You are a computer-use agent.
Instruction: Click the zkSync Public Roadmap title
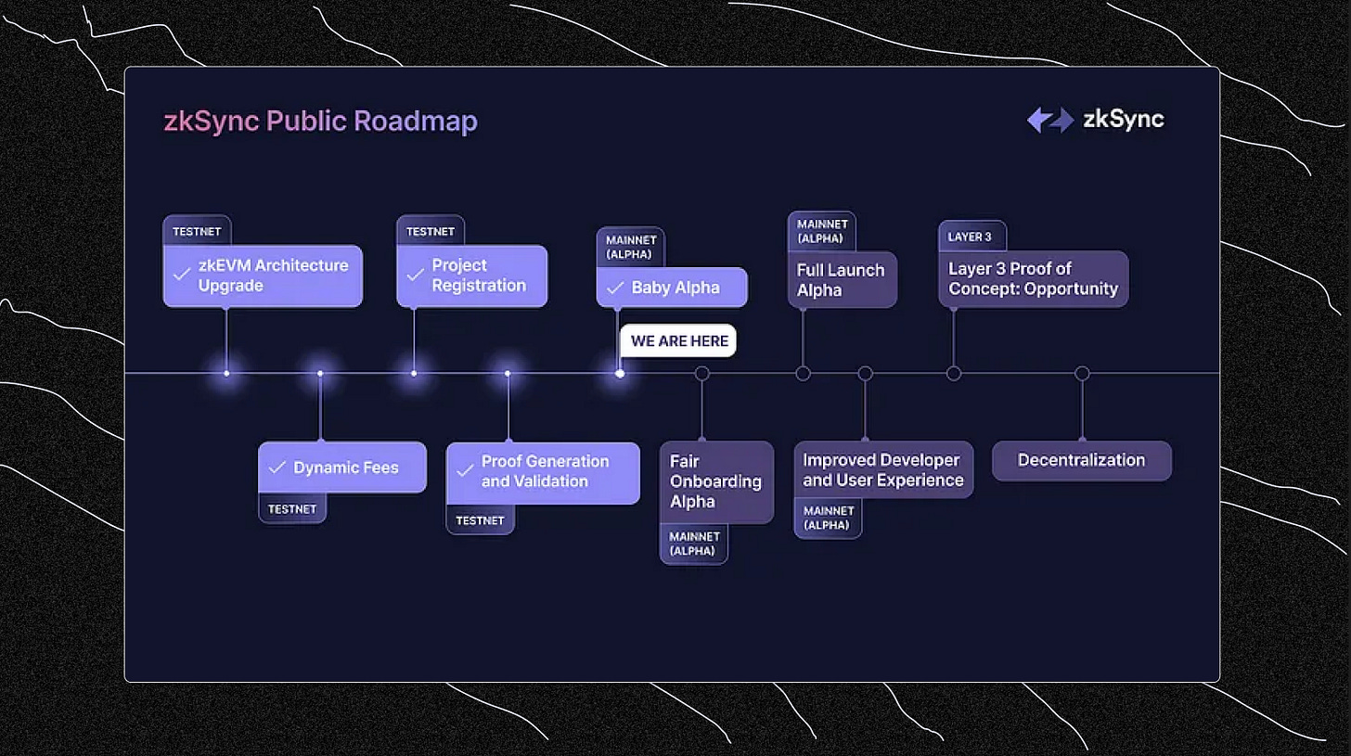click(x=320, y=122)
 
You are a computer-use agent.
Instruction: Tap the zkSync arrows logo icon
click(x=1049, y=120)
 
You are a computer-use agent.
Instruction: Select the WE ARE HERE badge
click(x=678, y=340)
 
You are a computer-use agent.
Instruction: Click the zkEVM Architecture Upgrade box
click(x=263, y=275)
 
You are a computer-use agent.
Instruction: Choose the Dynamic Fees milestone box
click(x=342, y=468)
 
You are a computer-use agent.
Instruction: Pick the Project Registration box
click(x=471, y=275)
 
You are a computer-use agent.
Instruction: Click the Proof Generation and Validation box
click(x=543, y=472)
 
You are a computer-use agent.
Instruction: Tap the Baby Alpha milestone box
click(x=671, y=288)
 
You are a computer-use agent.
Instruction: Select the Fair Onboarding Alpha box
click(x=716, y=481)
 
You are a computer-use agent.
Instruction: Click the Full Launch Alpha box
click(x=843, y=279)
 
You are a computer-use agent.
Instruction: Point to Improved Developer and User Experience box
click(x=883, y=469)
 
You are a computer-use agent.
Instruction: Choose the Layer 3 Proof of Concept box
click(x=1033, y=278)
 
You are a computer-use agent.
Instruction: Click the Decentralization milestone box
click(x=1081, y=460)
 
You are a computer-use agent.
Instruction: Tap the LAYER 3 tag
click(x=971, y=237)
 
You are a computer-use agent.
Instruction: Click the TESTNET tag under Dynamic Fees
click(x=292, y=508)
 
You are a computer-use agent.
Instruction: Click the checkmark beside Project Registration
click(x=416, y=275)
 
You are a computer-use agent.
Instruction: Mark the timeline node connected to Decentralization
click(x=1082, y=374)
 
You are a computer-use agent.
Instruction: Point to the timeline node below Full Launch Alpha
click(x=803, y=374)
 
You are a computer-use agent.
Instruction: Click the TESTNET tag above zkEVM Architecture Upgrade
click(x=197, y=231)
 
